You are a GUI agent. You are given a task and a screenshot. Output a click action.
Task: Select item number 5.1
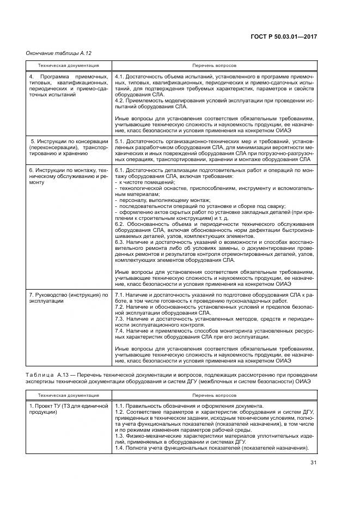click(120, 141)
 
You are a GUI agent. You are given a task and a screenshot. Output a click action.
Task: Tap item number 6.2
click(120, 224)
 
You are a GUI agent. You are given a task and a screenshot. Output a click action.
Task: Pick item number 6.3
click(120, 242)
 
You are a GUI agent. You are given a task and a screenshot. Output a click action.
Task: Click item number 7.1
click(120, 295)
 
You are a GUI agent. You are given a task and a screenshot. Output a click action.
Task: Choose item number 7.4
click(120, 330)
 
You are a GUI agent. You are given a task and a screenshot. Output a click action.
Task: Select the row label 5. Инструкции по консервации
click(69, 141)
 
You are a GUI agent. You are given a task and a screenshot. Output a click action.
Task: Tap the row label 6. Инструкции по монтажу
click(68, 171)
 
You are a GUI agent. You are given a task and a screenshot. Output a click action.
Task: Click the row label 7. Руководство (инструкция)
click(68, 295)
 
